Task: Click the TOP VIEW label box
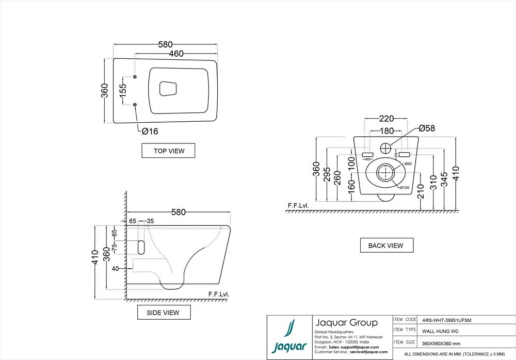(168, 151)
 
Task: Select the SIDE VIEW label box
(164, 313)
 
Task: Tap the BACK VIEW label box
(386, 246)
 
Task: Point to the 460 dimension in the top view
(176, 53)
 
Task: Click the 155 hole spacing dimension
(123, 91)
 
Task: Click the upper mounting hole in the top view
(135, 77)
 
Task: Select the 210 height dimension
(421, 191)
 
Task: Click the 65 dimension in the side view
(133, 221)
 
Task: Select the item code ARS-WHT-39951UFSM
(446, 320)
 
